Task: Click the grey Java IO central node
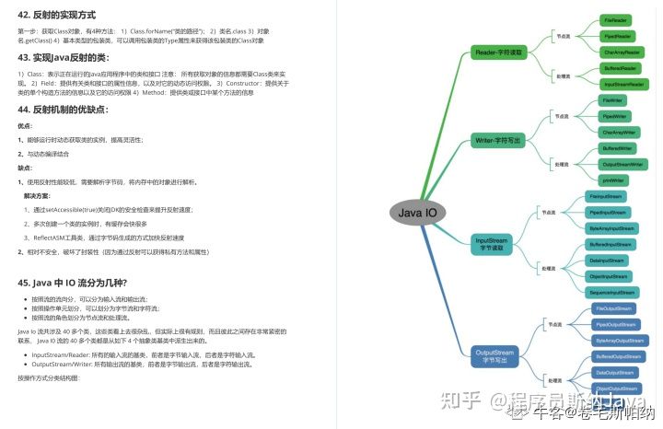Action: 417,214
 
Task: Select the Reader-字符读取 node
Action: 498,52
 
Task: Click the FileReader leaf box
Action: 616,19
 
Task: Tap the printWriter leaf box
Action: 612,180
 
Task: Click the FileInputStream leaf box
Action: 607,196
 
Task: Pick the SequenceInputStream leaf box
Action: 611,292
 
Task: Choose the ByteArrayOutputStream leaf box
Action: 618,340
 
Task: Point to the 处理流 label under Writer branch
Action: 562,164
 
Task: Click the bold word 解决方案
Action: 38,195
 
